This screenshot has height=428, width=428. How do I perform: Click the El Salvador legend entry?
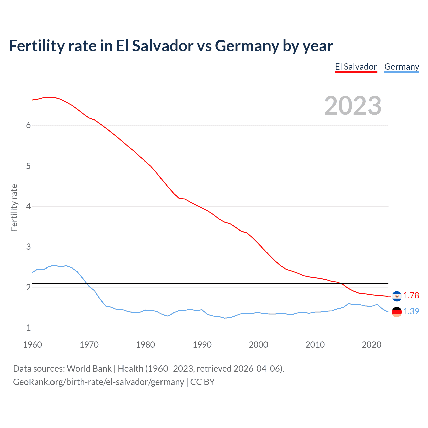coord(356,67)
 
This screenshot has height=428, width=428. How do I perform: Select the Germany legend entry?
coord(401,67)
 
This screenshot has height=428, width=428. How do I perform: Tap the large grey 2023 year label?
coord(352,106)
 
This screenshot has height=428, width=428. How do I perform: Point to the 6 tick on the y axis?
coord(28,125)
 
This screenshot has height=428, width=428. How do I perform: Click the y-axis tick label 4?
coord(28,206)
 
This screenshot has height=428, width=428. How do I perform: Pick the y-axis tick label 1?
coord(28,328)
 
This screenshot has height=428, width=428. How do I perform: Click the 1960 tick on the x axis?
coord(32,345)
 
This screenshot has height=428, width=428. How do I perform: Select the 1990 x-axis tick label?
coord(202,345)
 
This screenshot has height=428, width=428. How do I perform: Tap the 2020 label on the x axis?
coord(371,345)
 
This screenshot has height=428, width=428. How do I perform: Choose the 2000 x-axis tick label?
coord(258,345)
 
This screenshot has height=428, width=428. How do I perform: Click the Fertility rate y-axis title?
coord(14,207)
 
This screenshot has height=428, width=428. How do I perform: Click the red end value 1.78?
coord(411,295)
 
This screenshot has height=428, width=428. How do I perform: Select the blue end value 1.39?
coord(411,311)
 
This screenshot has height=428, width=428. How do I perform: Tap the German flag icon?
coord(397,312)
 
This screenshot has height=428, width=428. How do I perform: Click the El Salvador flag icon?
coord(397,296)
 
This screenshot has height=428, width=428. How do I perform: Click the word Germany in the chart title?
coord(247,46)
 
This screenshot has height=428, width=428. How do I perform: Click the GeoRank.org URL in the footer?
coord(98,382)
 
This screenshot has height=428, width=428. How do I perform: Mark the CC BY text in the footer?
coord(202,382)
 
